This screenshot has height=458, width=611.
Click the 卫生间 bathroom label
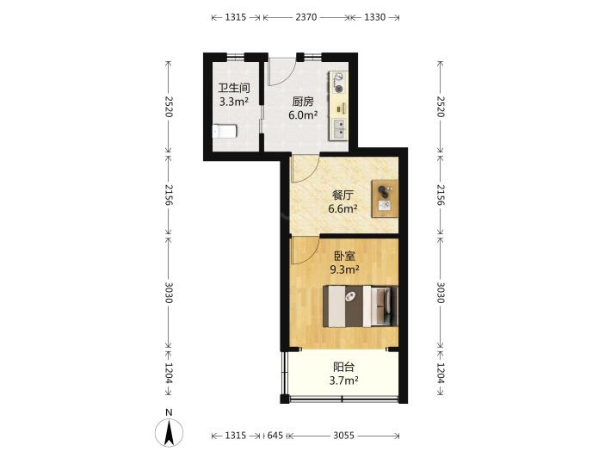pyautogui.click(x=234, y=88)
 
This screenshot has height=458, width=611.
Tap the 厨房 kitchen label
pyautogui.click(x=303, y=102)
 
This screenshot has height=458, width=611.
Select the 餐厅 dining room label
pyautogui.click(x=343, y=195)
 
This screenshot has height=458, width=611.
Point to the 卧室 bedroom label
pyautogui.click(x=344, y=256)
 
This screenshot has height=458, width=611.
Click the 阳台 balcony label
pyautogui.click(x=343, y=367)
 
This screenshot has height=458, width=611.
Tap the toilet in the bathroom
pyautogui.click(x=225, y=131)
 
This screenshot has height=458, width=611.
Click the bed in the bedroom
pyautogui.click(x=360, y=306)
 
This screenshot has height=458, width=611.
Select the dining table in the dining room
pyautogui.click(x=385, y=198)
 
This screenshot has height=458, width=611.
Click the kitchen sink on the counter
pyautogui.click(x=339, y=129)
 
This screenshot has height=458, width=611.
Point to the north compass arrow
pyautogui.click(x=170, y=433)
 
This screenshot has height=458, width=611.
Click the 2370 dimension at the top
pyautogui.click(x=305, y=17)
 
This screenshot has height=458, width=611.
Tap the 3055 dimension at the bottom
pyautogui.click(x=343, y=436)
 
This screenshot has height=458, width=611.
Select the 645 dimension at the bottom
pyautogui.click(x=275, y=436)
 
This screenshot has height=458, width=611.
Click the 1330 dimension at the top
pyautogui.click(x=375, y=17)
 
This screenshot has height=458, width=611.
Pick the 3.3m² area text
pyautogui.click(x=234, y=102)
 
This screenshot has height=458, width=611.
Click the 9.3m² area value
pyautogui.click(x=344, y=269)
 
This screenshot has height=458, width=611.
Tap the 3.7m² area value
pyautogui.click(x=343, y=381)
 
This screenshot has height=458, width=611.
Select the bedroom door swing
pyautogui.click(x=305, y=251)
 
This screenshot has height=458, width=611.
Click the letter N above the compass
pyautogui.click(x=169, y=412)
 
